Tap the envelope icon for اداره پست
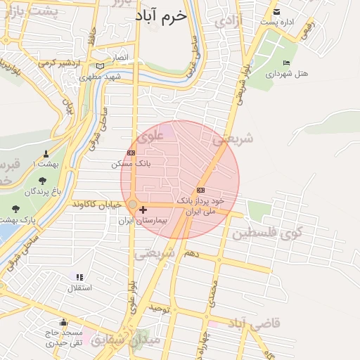[276, 12]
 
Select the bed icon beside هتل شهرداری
[285, 63]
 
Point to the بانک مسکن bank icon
[131, 153]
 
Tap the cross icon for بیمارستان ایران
[143, 210]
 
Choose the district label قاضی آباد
[255, 323]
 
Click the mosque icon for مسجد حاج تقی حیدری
[63, 322]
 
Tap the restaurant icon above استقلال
[79, 278]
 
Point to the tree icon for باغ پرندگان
[42, 181]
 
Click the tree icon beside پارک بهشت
[16, 209]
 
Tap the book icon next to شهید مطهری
[100, 66]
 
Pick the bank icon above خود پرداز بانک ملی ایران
[201, 190]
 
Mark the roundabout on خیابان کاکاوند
[132, 204]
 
